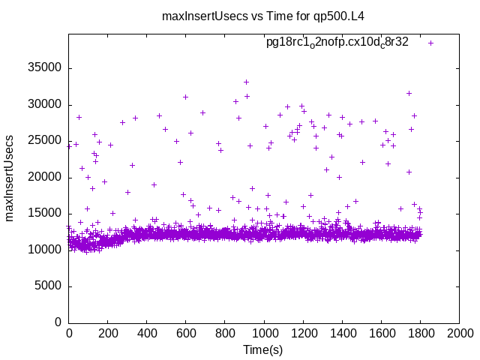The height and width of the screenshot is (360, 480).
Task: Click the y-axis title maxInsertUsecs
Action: pyautogui.click(x=10, y=178)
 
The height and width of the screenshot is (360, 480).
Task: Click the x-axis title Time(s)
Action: pyautogui.click(x=263, y=349)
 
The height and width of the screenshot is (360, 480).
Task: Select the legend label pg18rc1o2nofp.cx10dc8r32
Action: pyautogui.click(x=337, y=42)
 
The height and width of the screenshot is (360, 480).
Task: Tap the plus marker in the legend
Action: pyautogui.click(x=430, y=43)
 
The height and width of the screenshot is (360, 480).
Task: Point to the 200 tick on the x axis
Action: pyautogui.click(x=108, y=334)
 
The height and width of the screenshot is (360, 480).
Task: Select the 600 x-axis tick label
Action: pyautogui.click(x=186, y=334)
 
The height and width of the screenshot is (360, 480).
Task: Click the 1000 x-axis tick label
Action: pyautogui.click(x=264, y=334)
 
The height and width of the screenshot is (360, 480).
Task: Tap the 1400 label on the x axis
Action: pyautogui.click(x=342, y=334)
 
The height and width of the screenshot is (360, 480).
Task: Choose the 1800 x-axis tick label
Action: pyautogui.click(x=420, y=334)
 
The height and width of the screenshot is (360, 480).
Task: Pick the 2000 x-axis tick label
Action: pyautogui.click(x=459, y=334)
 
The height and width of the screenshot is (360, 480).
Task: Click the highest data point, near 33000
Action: pyautogui.click(x=246, y=82)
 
